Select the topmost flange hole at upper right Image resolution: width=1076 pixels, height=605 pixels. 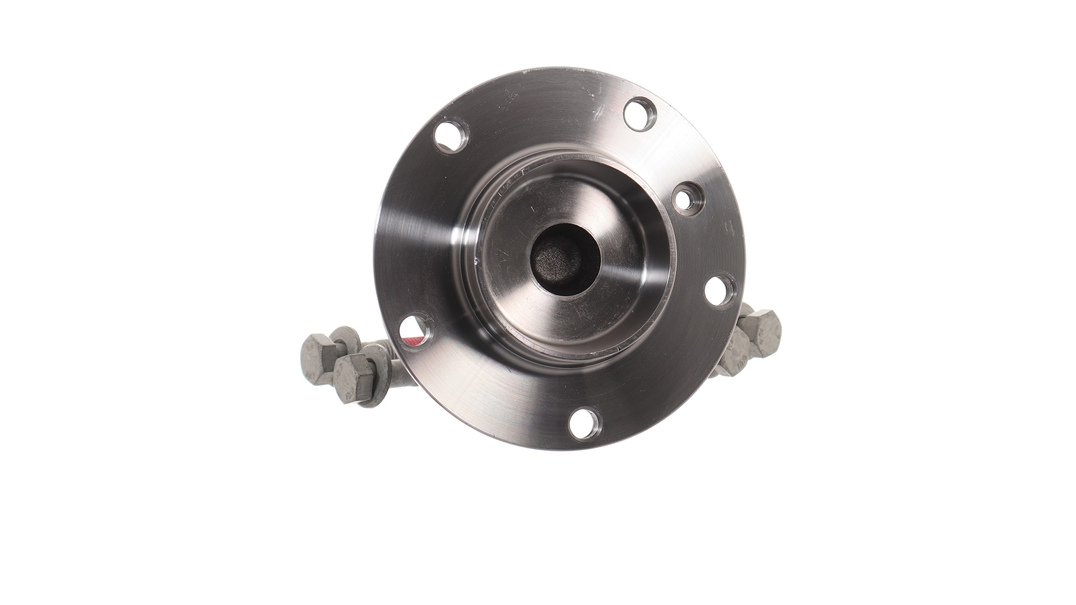[641, 111]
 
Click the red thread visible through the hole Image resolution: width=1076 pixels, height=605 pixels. [411, 339]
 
